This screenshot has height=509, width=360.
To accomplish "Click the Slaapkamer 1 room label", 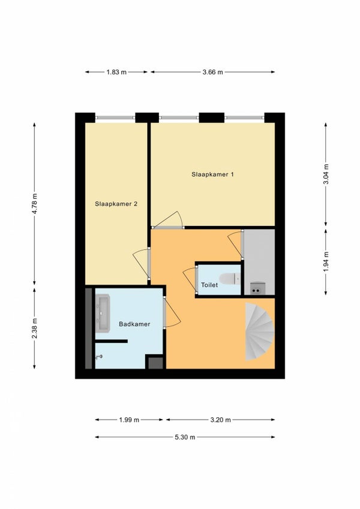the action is [x=212, y=174].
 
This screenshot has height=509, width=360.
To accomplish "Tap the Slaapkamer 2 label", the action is [x=116, y=204].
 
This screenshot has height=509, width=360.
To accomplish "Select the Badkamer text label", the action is [x=134, y=324].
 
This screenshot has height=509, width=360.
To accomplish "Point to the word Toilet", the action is [x=209, y=285].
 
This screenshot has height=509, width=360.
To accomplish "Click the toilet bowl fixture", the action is [x=230, y=279].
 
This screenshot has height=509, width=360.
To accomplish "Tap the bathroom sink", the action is [x=103, y=314].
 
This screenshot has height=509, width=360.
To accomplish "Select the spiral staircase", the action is [x=260, y=332].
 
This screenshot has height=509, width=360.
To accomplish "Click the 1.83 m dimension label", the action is [x=116, y=72].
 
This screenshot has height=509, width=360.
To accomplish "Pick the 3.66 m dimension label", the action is [x=213, y=72].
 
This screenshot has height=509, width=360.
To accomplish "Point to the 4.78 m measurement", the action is [x=35, y=203].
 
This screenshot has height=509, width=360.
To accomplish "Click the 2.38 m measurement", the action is [x=35, y=328].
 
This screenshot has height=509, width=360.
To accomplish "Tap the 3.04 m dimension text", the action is [x=326, y=174].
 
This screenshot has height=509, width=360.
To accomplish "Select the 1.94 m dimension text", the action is [x=326, y=261].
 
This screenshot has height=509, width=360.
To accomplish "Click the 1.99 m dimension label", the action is [x=129, y=420].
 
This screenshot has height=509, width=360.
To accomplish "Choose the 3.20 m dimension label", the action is [x=221, y=420].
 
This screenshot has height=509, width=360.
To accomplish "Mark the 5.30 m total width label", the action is [x=185, y=437].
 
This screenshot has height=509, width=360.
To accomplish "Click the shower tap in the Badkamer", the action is [x=99, y=357].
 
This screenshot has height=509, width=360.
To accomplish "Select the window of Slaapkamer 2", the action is [x=115, y=118].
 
